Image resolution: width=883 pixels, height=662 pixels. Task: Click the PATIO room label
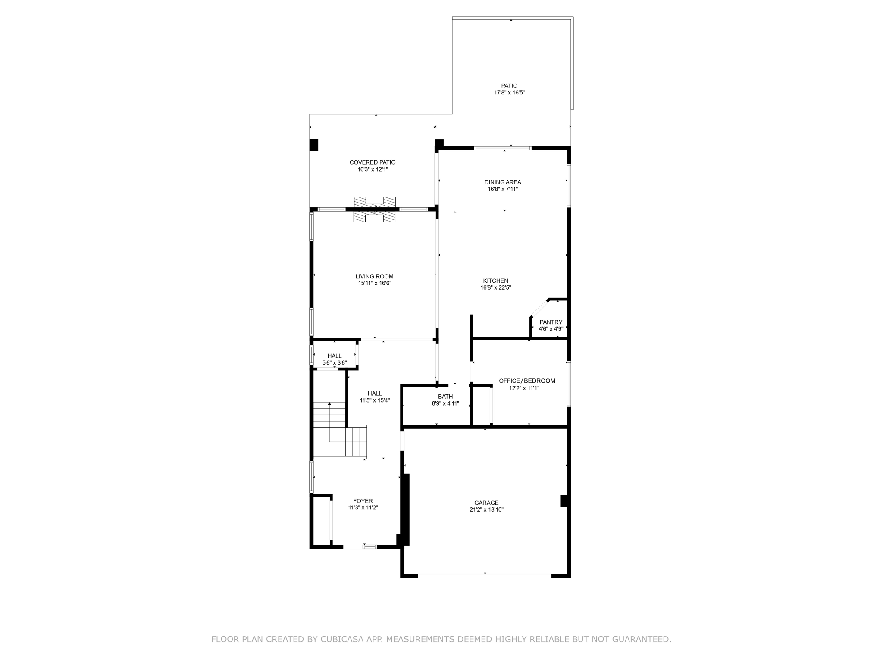[x=509, y=86]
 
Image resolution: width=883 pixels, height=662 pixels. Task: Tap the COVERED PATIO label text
[x=372, y=162]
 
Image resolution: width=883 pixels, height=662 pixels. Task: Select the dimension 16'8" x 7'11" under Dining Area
[x=502, y=189]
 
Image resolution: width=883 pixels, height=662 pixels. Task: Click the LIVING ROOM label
[x=374, y=277]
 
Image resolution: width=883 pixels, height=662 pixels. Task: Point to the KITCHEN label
[x=495, y=281]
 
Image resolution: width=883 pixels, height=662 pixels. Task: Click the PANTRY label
[x=551, y=322]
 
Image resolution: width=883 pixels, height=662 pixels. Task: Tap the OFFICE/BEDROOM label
[x=527, y=381]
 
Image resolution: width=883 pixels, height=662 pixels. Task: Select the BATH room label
[x=445, y=397]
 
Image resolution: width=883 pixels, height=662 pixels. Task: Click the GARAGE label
[x=486, y=503]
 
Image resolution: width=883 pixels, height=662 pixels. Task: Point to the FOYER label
[x=363, y=501]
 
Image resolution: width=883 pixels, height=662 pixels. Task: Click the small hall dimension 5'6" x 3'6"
[x=334, y=363]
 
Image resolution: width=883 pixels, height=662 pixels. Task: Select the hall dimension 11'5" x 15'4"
[x=375, y=400]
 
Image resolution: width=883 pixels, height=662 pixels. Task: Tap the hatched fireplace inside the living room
[x=374, y=217]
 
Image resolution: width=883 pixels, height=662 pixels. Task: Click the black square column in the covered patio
[x=314, y=145]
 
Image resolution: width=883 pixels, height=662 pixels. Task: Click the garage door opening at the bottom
[x=484, y=575]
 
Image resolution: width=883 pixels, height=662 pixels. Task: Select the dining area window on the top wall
[x=502, y=148]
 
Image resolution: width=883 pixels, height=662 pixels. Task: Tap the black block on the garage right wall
[x=564, y=501]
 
